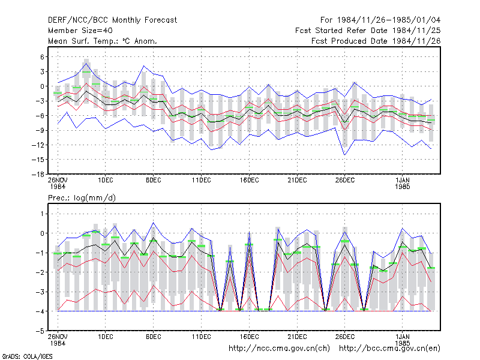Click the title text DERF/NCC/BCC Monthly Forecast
(112, 20)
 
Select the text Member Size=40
(80, 31)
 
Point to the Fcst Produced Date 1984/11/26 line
(376, 41)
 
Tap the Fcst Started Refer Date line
(368, 31)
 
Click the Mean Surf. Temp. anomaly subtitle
(103, 41)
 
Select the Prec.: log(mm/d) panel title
(82, 198)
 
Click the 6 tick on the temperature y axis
(42, 57)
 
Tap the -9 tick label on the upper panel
(40, 130)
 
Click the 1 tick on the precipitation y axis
(42, 214)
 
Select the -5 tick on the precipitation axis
(40, 331)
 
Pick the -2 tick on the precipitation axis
(40, 272)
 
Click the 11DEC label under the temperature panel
(202, 180)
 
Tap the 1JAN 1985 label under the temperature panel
(402, 183)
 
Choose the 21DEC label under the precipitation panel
(297, 337)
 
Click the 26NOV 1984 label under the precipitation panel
(58, 340)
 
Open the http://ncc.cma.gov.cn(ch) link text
(279, 349)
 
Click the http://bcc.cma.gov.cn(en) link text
(389, 349)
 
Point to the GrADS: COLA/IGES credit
(27, 356)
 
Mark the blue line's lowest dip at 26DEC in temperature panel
(344, 155)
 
